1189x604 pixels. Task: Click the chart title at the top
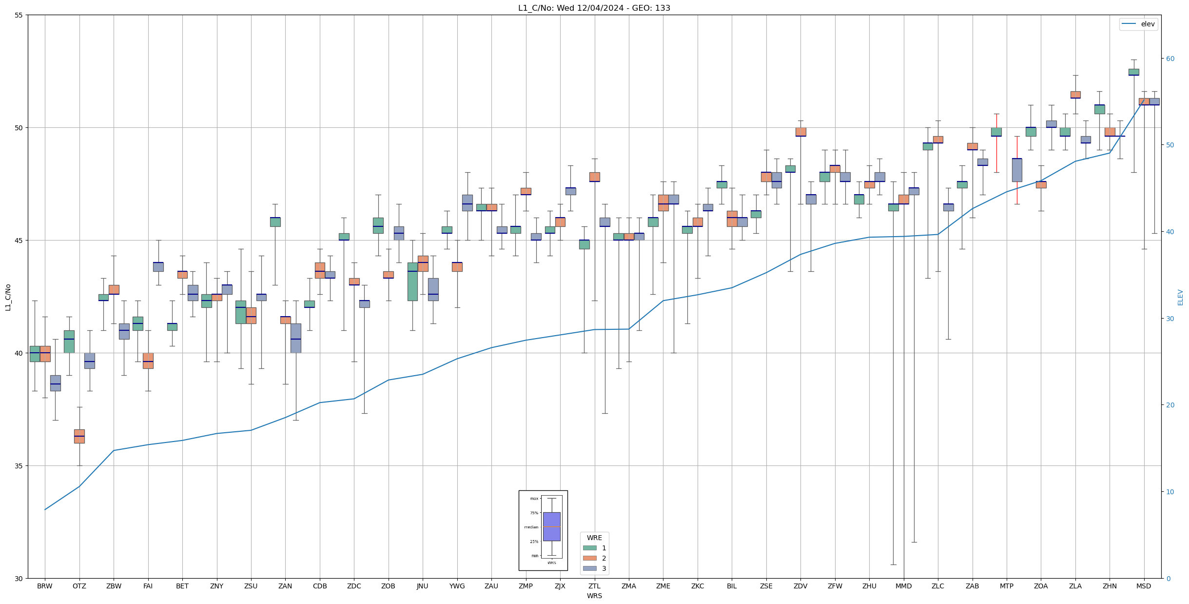pos(594,8)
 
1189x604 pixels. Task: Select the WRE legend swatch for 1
pos(589,548)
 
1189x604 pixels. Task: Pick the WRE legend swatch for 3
pos(589,568)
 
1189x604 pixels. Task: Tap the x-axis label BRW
pos(45,586)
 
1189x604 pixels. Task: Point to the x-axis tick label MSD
pos(1144,586)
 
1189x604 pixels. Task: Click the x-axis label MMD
pos(903,586)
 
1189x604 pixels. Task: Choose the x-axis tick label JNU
pos(423,586)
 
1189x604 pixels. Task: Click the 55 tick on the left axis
pos(19,15)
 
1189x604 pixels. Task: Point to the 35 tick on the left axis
pos(19,466)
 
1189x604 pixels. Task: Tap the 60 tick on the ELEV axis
pos(1170,59)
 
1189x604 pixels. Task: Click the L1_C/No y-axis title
pos(8,297)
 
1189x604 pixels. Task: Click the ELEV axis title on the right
pos(1180,297)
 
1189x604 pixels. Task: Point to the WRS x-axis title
pos(594,596)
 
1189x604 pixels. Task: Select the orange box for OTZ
pos(79,436)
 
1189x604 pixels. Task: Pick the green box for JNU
pos(412,282)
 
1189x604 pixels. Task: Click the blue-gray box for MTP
pos(1017,170)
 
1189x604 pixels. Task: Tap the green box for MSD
pos(1134,72)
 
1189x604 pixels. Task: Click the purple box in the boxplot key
pos(551,526)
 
